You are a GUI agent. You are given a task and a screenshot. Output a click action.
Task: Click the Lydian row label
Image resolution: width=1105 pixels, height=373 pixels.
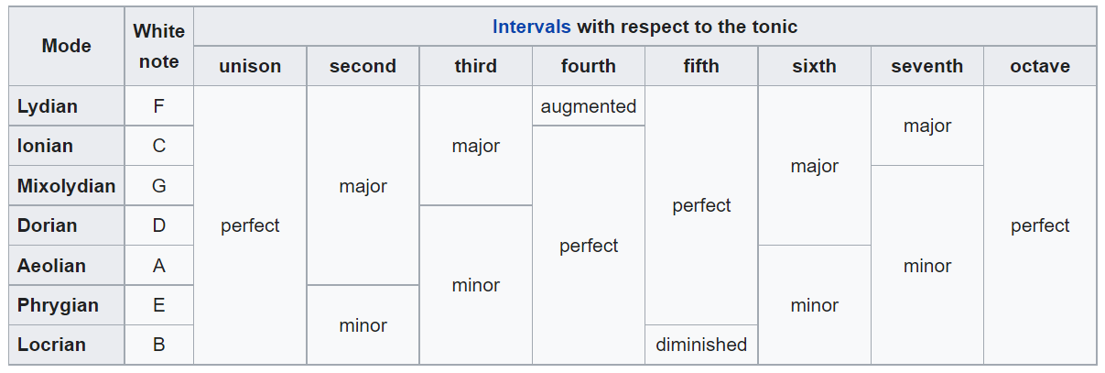click(48, 106)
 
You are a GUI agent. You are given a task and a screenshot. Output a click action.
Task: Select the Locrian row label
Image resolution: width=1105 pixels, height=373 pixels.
click(51, 345)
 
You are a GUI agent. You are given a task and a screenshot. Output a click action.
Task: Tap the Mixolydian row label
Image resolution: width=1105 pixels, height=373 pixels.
click(66, 186)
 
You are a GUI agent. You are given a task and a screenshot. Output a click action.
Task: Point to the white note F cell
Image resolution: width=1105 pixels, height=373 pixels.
click(159, 106)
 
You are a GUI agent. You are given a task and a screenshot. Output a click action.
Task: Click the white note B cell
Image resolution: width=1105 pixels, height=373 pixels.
click(159, 345)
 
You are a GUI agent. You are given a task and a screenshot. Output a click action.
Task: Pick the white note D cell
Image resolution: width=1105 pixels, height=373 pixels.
click(159, 225)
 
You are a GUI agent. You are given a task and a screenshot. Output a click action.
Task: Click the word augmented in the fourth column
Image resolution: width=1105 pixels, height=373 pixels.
click(588, 106)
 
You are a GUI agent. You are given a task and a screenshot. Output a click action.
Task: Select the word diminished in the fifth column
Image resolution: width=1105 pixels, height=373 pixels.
click(701, 345)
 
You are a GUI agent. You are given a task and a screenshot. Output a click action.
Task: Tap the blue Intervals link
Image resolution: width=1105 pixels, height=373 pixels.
click(531, 27)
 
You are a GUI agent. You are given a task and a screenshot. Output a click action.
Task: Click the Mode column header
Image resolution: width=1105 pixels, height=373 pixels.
click(67, 46)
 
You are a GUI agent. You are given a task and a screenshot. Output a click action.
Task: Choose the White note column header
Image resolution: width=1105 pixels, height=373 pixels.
click(159, 46)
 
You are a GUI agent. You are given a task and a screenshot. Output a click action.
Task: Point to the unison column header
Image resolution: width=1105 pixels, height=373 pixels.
click(250, 66)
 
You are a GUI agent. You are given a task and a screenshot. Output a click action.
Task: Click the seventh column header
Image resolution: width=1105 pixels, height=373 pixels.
click(926, 66)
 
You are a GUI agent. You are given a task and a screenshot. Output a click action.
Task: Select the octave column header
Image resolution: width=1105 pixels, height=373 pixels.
click(1040, 66)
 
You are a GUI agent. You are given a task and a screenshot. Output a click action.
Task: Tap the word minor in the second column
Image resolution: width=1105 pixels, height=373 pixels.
click(363, 325)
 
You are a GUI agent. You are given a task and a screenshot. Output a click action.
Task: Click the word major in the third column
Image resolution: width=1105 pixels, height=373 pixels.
click(476, 146)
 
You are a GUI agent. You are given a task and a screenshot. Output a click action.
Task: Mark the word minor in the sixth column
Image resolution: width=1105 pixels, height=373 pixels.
click(814, 305)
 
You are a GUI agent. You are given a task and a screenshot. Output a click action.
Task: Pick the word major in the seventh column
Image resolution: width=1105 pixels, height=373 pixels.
click(926, 126)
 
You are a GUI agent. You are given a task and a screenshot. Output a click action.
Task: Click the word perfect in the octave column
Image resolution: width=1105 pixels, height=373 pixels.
click(1040, 225)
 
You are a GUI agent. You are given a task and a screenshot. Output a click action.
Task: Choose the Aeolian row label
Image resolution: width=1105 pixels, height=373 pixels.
click(51, 266)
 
